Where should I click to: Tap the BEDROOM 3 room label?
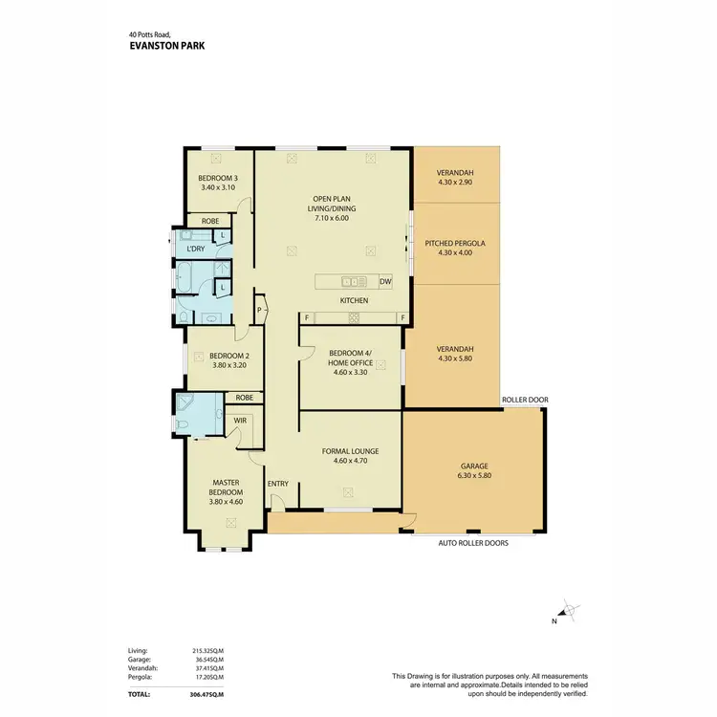point(217,178)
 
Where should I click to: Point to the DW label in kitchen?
point(384,282)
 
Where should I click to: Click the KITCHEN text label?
point(355,301)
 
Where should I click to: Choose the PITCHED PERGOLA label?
point(455,244)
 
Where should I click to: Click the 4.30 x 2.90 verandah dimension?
point(455,183)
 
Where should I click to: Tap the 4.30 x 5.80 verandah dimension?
point(455,358)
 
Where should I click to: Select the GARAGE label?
point(474,467)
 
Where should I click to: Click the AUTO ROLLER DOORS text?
point(473,543)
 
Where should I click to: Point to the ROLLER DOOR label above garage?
point(525,401)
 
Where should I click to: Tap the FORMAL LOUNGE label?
point(350,450)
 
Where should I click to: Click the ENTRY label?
point(278,484)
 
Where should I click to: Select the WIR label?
point(239,419)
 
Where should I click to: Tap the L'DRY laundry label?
point(196,249)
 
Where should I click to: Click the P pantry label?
point(258,309)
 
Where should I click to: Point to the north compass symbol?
point(566,612)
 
